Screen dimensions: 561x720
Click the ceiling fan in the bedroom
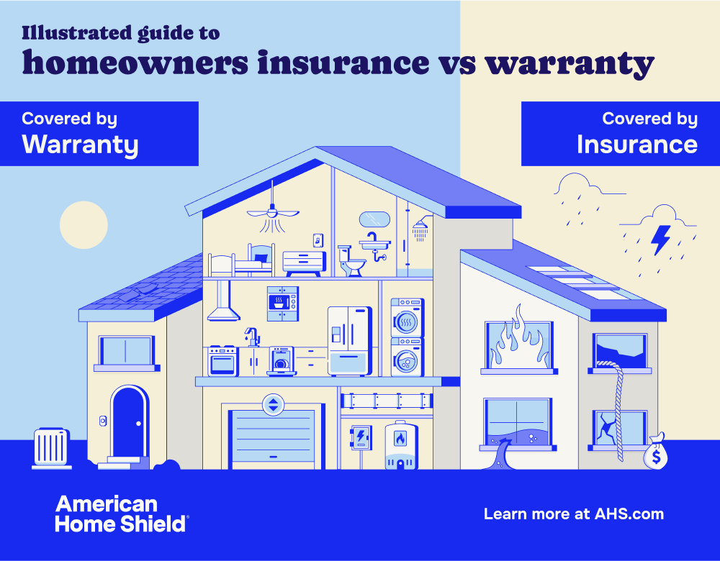[x=272, y=211]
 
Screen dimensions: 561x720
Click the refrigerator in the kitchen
[x=350, y=341]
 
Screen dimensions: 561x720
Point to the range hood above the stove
[x=225, y=303]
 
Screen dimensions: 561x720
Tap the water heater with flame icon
[x=400, y=446]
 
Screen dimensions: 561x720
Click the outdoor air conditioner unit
[x=52, y=449]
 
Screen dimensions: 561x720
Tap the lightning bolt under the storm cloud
[x=661, y=240]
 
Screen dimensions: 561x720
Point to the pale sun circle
[x=84, y=224]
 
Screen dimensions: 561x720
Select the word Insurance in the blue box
[x=636, y=145]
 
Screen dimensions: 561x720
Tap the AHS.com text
[x=629, y=514]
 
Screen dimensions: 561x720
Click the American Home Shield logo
[x=121, y=514]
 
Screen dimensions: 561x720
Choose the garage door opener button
[x=273, y=404]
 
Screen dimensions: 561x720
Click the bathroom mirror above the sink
[x=374, y=219]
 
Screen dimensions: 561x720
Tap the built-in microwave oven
[x=282, y=303]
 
